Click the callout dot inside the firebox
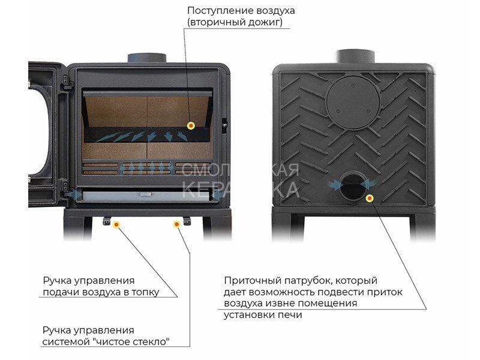191,125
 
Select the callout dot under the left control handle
116,225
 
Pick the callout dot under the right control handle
176,224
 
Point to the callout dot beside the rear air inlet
370,199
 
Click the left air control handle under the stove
107,221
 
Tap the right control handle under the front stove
187,221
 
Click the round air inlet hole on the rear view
353,185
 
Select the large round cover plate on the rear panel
354,103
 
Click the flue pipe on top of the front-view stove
147,58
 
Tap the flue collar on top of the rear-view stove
355,56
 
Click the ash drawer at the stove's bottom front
146,196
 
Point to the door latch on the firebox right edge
224,126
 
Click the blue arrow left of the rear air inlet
335,184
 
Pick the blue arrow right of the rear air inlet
368,184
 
